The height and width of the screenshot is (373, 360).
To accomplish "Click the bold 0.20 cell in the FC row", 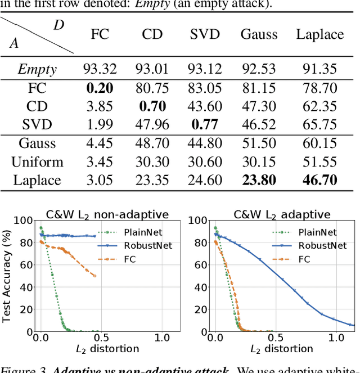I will point(100,88).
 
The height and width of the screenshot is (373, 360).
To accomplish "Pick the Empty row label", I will point(37,69).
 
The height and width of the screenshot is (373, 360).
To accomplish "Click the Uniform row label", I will point(37,162).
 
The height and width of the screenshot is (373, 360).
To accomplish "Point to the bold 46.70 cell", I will point(319,180).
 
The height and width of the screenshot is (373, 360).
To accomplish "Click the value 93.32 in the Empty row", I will point(100,69).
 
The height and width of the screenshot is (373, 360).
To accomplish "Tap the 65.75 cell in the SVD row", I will point(319,125).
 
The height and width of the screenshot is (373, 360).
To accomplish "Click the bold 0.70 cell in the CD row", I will point(152,106).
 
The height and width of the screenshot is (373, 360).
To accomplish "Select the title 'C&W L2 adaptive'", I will point(282,214).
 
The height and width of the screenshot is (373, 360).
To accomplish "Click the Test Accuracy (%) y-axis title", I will point(7,276).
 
